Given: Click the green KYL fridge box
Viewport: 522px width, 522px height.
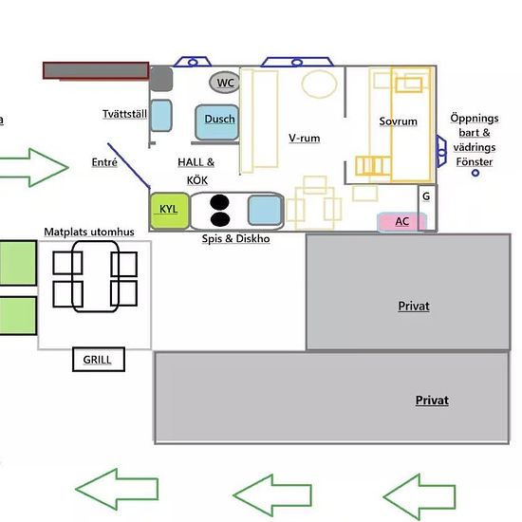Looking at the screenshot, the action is click(x=170, y=211).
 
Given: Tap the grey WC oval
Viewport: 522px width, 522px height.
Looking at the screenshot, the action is click(x=224, y=83).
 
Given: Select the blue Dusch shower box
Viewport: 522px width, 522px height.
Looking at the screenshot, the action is click(x=217, y=122).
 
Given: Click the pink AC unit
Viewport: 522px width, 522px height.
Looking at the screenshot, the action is click(x=401, y=222).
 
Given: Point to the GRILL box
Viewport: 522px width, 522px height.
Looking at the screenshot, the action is click(x=99, y=359).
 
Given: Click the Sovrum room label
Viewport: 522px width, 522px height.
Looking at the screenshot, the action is click(x=399, y=121).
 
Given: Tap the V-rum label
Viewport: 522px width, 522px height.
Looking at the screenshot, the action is click(x=305, y=138).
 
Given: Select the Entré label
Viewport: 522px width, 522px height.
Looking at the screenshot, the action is click(x=104, y=162).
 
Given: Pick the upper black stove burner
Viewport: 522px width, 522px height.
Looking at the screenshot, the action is click(x=219, y=202).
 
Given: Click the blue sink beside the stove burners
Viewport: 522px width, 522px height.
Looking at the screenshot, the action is click(x=265, y=211).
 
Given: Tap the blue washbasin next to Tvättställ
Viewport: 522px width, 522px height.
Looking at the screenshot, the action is click(x=161, y=115).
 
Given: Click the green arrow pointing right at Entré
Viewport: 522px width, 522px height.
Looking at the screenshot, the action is click(x=34, y=167).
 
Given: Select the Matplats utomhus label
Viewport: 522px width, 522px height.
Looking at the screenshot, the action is click(x=89, y=232).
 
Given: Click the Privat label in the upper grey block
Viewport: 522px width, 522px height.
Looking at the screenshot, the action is click(x=414, y=306).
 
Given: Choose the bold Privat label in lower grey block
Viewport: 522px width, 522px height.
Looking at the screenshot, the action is click(x=432, y=400).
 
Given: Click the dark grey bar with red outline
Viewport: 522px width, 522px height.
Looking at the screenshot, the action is click(x=96, y=70).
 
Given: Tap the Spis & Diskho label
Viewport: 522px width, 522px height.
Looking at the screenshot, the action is click(x=235, y=238).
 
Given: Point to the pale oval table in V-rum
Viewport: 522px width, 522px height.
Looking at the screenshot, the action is click(x=319, y=84).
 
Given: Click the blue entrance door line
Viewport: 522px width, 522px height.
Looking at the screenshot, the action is click(x=129, y=166).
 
